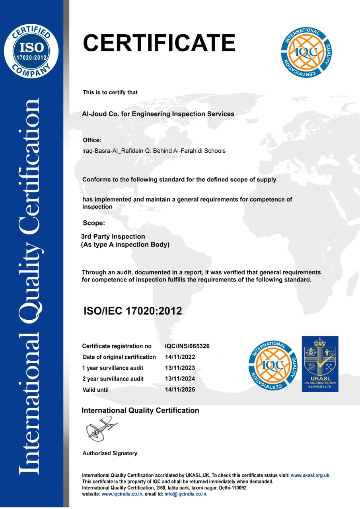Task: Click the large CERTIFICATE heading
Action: tap(159, 43)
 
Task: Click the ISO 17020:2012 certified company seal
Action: tap(31, 51)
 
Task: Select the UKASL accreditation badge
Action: tap(320, 364)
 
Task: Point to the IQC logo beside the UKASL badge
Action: tap(273, 365)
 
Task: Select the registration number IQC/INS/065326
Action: tap(187, 346)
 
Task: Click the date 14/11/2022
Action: tap(180, 357)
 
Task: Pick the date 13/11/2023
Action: tap(180, 368)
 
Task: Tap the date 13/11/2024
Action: tap(180, 379)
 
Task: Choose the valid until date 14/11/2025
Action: tap(180, 390)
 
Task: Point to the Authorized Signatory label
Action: tap(110, 453)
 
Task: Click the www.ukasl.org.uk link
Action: tap(310, 475)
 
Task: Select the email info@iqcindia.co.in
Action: tap(186, 494)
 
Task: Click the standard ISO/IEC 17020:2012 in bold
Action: tap(132, 311)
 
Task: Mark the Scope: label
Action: tap(94, 223)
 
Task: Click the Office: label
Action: tap(92, 140)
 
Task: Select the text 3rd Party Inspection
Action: tap(113, 237)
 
